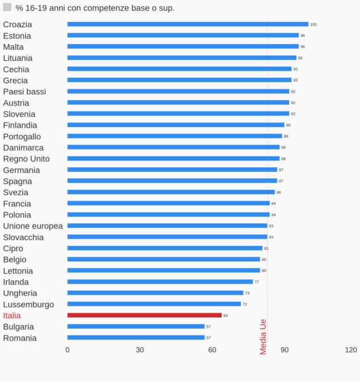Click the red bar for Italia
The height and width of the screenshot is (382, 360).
(x=145, y=315)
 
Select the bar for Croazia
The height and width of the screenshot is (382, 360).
(x=188, y=24)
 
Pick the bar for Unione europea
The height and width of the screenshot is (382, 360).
(x=167, y=226)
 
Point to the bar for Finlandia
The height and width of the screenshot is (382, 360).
(x=176, y=125)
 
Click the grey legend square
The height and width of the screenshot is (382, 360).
(x=7, y=7)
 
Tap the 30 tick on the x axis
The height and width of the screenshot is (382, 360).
(x=140, y=350)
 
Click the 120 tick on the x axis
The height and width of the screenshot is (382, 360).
(x=351, y=350)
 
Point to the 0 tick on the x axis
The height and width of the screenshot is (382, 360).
(x=67, y=350)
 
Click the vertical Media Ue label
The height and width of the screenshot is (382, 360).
(x=263, y=337)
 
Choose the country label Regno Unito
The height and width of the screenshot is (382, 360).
(x=26, y=159)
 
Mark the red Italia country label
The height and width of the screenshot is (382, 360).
(x=12, y=316)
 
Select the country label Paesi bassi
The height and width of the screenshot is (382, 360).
(x=24, y=92)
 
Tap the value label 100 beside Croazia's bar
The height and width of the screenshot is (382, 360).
(x=314, y=24)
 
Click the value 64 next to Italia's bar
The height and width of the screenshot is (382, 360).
(x=226, y=316)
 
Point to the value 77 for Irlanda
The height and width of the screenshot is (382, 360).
(x=257, y=282)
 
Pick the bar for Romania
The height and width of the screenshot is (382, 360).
(x=136, y=337)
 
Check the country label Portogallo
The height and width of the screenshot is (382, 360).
(x=22, y=137)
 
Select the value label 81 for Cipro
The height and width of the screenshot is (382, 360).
(x=266, y=248)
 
